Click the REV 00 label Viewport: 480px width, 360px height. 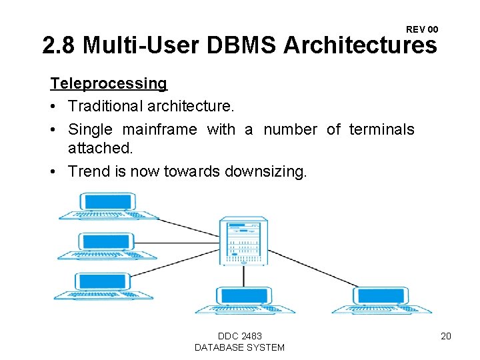[x=422, y=29]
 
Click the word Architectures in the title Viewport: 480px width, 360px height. [x=360, y=46]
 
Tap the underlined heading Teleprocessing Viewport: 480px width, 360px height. [x=109, y=84]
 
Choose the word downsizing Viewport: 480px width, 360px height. [x=266, y=172]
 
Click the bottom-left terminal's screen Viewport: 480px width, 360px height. [x=102, y=281]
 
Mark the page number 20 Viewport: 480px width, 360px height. [x=446, y=336]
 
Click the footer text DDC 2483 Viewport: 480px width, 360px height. [x=239, y=336]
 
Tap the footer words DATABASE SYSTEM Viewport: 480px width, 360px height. [x=239, y=347]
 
